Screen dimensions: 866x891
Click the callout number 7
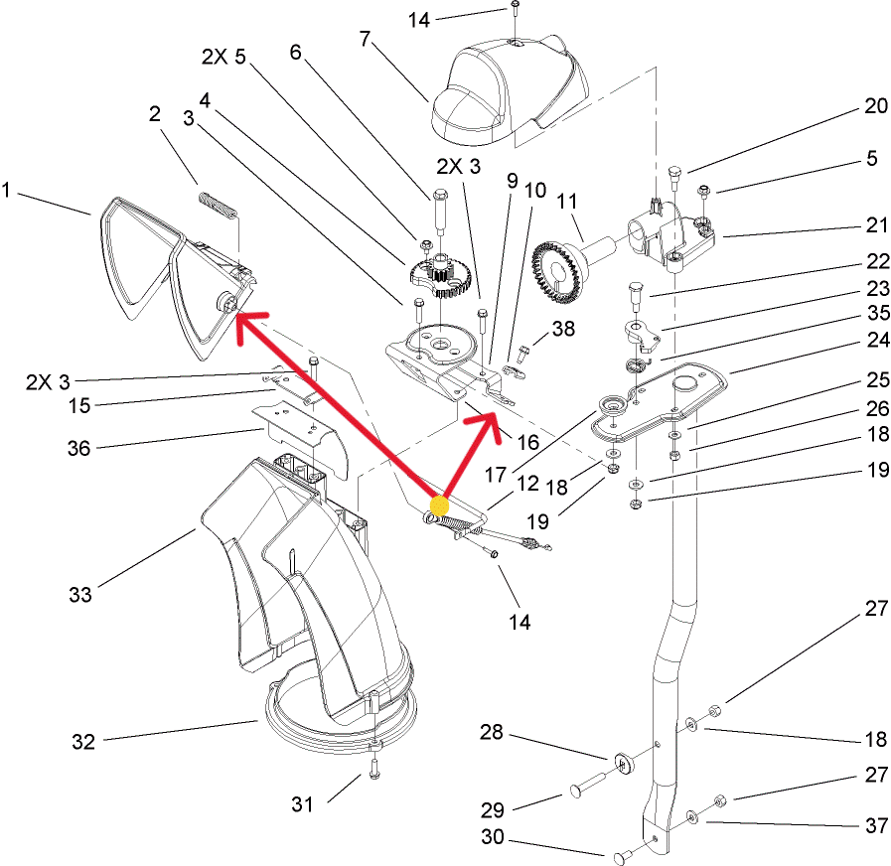tap(365, 39)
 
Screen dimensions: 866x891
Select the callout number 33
tap(79, 594)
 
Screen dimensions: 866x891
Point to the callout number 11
tap(566, 202)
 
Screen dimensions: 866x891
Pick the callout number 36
tap(78, 448)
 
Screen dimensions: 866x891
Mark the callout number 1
tap(9, 189)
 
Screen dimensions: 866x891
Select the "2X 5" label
tap(223, 58)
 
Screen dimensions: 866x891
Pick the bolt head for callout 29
tap(575, 791)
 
